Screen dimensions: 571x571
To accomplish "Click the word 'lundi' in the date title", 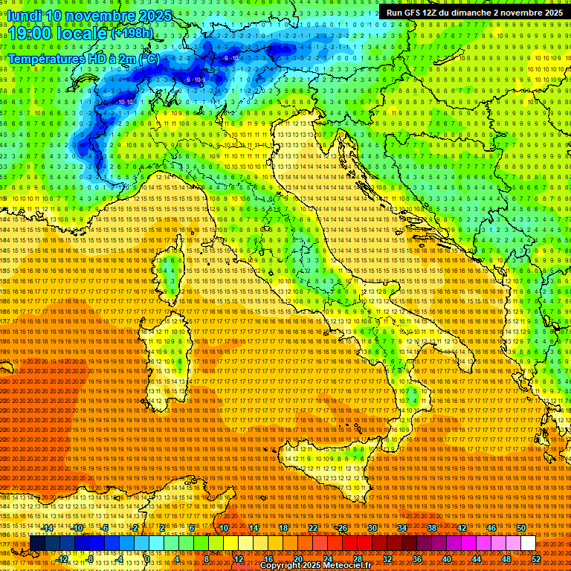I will [24, 16].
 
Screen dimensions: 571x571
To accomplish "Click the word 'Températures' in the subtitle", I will [45, 58].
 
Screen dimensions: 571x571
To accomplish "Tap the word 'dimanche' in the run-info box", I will [491, 13].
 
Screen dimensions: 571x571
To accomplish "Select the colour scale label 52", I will [535, 558].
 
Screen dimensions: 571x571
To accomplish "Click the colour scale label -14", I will [49, 528].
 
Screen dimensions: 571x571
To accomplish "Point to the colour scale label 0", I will [148, 558].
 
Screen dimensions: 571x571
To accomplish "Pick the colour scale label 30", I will [372, 528].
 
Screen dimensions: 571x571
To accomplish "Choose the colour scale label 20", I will [297, 558].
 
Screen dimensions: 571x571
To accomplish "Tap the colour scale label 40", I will [447, 558].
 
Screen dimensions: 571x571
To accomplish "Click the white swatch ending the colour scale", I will [528, 543].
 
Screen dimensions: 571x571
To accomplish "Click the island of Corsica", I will [172, 275].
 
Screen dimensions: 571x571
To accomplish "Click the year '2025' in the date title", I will [154, 16].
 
